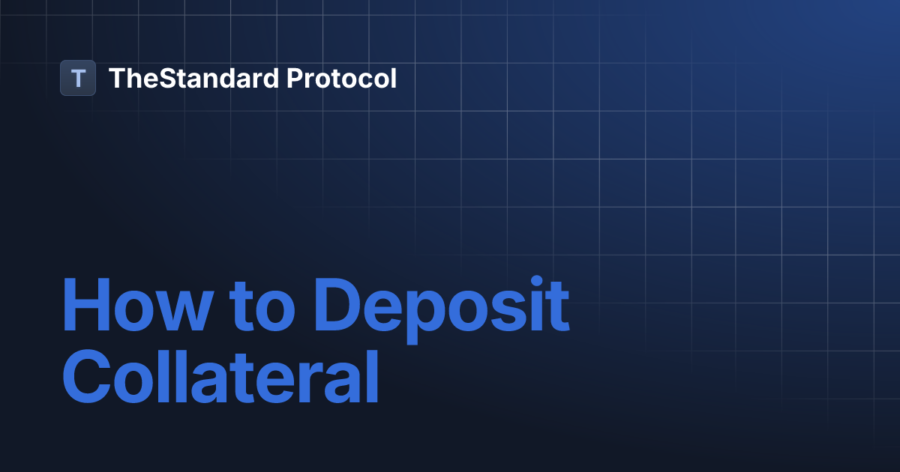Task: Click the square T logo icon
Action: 78,78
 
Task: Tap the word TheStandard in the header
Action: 193,78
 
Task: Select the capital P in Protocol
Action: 295,78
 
